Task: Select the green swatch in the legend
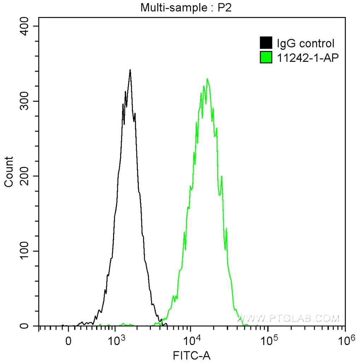(266, 57)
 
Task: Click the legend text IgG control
(305, 43)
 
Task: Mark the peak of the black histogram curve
(130, 70)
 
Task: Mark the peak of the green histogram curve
(207, 79)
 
